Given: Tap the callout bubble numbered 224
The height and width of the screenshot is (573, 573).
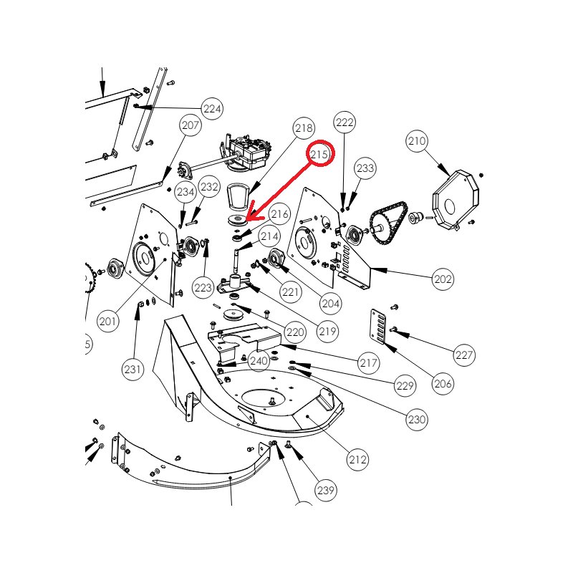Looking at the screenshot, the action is coord(212,109).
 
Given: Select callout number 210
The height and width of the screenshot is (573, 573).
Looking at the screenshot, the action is coord(417,140).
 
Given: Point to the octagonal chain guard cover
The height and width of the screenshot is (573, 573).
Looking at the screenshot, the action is coord(456,199).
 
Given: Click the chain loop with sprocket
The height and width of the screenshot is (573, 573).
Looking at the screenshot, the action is coord(388,224).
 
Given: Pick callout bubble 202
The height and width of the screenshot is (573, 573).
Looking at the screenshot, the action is coord(443,279).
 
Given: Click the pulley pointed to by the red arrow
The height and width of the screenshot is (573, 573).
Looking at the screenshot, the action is coord(237,221).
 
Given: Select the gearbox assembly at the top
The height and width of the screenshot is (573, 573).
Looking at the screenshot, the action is coord(246,152).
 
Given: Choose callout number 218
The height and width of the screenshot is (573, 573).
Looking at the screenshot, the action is coord(304,128).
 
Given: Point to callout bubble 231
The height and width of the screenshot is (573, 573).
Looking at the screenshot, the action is coord(133,369).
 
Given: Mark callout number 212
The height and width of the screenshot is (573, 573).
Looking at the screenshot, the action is coord(357,459).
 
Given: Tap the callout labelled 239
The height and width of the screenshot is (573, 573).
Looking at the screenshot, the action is coord(326,490).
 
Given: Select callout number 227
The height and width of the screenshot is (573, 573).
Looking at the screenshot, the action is coord(464,355).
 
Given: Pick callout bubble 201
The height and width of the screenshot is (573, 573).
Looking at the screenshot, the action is coord(108,321).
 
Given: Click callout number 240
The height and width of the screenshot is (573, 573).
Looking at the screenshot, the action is coord(259,361).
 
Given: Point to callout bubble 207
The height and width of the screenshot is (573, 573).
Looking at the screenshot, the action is coord(191,125).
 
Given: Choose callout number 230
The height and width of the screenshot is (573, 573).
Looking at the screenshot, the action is coord(417,419).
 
